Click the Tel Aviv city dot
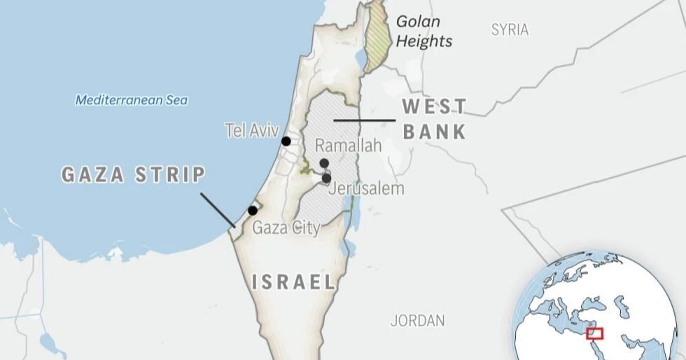click(x=286, y=141)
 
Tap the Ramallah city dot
click(x=324, y=163)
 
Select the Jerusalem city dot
click(x=326, y=179)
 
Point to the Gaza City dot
click(x=252, y=210)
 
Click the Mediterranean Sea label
click(x=132, y=100)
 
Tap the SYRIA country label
click(x=510, y=29)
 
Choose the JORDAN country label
click(x=417, y=321)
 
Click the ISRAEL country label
click(x=294, y=282)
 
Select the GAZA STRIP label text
click(x=133, y=174)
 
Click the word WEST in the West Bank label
click(x=434, y=107)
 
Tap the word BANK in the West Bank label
click(x=434, y=131)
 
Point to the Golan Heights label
click(x=423, y=32)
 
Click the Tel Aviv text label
click(x=251, y=130)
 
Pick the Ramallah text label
click(x=348, y=146)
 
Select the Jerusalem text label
click(x=365, y=188)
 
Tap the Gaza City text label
click(x=286, y=228)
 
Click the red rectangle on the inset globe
click(x=594, y=333)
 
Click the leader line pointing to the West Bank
click(x=364, y=120)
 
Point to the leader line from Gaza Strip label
click(x=217, y=209)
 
